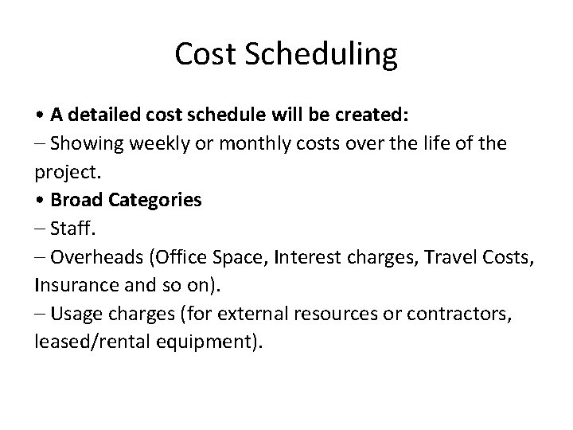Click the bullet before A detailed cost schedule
tap(40, 115)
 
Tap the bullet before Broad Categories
tap(40, 200)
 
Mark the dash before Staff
tap(40, 229)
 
